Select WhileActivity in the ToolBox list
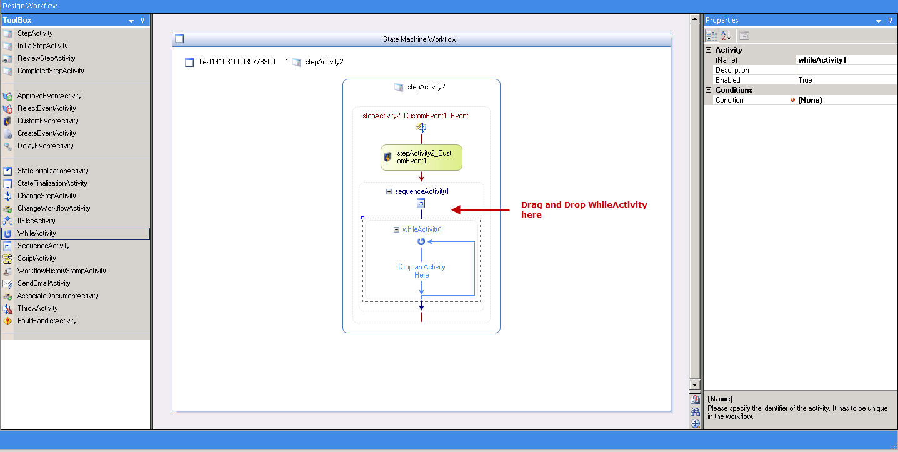tap(36, 233)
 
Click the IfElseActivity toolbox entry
tap(36, 221)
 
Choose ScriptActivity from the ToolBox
tap(36, 258)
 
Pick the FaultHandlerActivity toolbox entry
tap(46, 321)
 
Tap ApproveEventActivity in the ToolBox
tap(49, 96)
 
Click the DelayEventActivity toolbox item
tap(45, 146)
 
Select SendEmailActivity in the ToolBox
tap(44, 283)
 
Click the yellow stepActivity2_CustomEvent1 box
tap(421, 157)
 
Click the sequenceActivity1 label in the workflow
tap(422, 191)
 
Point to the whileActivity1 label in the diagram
tap(422, 229)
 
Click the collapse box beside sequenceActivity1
tap(389, 191)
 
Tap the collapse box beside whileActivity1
tap(396, 229)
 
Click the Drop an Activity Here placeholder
tap(421, 271)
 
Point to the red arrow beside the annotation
tap(481, 209)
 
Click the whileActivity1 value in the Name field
tap(822, 60)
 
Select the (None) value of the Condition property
tap(810, 100)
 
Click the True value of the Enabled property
tap(805, 80)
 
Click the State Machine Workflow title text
tap(420, 39)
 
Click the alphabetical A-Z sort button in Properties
tap(726, 35)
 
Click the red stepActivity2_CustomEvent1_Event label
tap(416, 116)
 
